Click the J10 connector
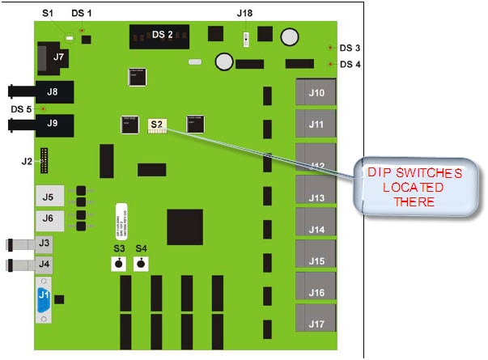[x=317, y=93]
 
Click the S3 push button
[x=119, y=265]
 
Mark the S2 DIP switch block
[x=157, y=125]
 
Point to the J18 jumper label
[x=244, y=14]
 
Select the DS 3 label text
[x=350, y=48]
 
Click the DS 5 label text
[x=22, y=108]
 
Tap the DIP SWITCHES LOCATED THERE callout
[x=414, y=187]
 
